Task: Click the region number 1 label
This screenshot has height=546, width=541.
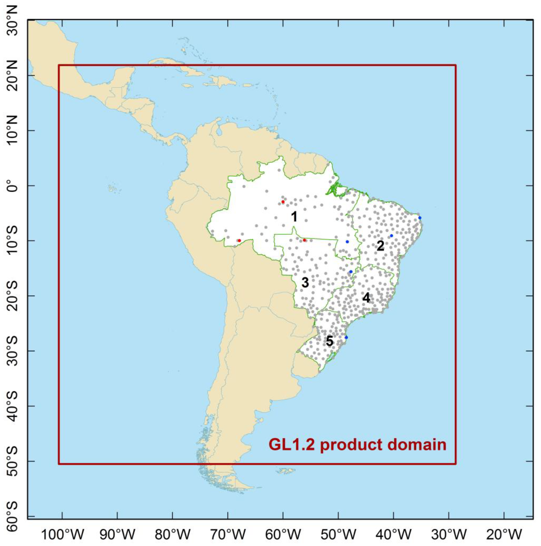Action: click(x=294, y=217)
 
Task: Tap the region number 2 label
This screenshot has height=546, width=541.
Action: click(x=380, y=246)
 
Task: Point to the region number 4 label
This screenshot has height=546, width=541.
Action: click(x=366, y=298)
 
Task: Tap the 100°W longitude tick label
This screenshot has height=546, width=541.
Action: click(x=63, y=535)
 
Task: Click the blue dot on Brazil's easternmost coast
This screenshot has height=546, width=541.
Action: click(x=420, y=218)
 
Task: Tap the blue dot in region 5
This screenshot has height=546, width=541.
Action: click(x=346, y=337)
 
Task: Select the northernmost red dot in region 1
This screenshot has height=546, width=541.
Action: click(x=283, y=201)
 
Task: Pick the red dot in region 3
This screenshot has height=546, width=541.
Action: click(x=304, y=240)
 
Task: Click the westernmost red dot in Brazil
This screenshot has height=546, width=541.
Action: click(x=239, y=240)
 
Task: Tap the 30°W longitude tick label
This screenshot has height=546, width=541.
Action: click(x=449, y=535)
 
